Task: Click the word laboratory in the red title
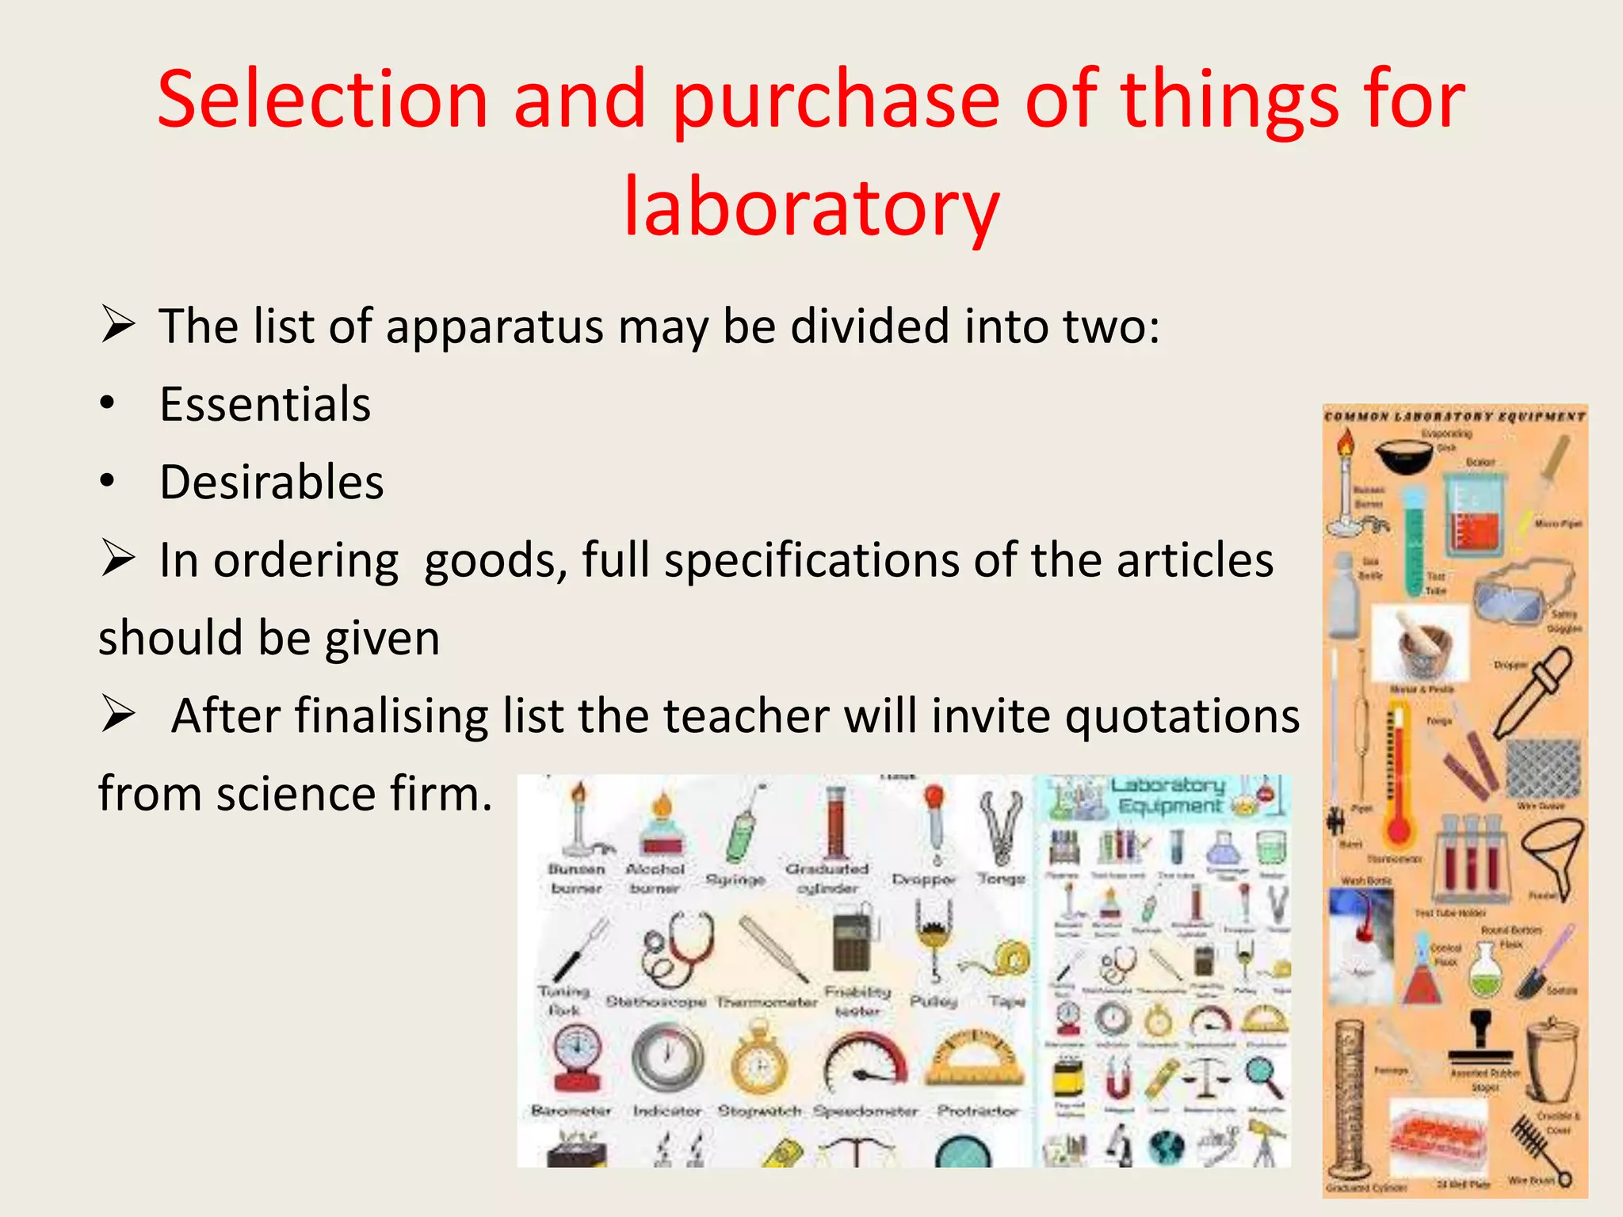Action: tap(811, 208)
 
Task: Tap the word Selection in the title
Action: tap(322, 100)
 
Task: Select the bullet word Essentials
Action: tap(265, 405)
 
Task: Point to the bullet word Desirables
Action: tap(271, 483)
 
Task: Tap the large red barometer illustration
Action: tap(577, 1058)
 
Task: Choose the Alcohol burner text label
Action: tap(655, 878)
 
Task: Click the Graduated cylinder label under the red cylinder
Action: tap(827, 878)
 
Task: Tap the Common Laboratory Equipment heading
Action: tap(1455, 417)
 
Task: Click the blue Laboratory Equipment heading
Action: tap(1170, 795)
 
